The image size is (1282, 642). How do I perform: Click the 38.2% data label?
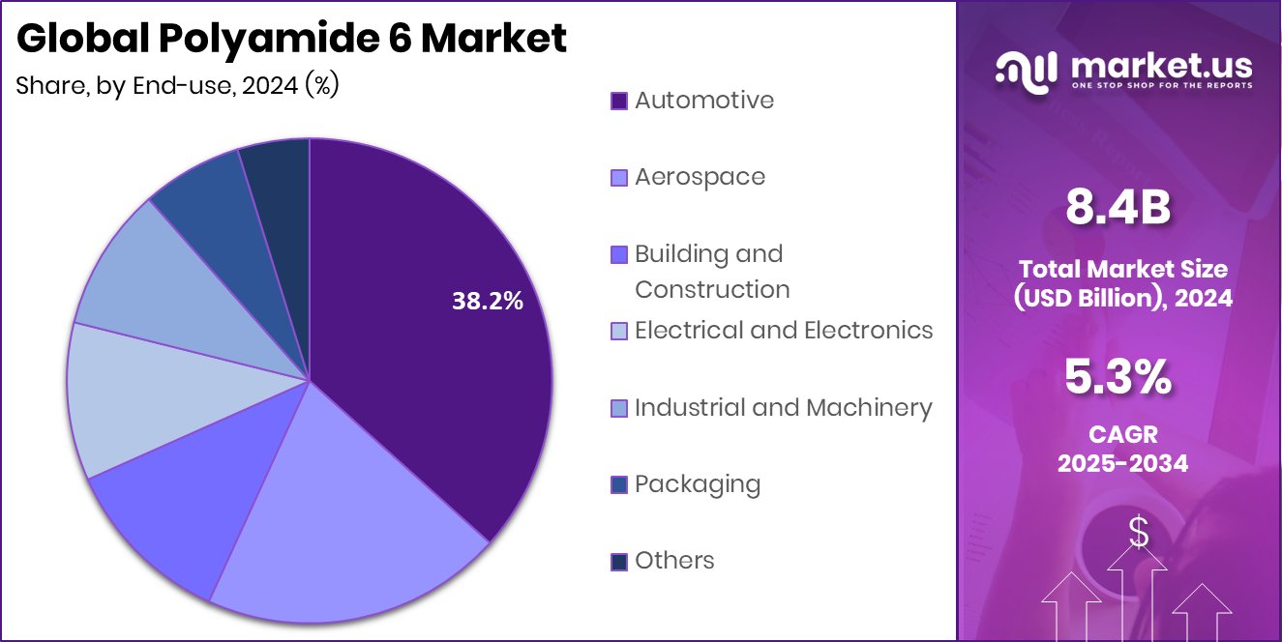487,302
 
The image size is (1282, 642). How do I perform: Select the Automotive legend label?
703,101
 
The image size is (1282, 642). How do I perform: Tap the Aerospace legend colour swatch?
619,178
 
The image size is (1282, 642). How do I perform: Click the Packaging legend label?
697,484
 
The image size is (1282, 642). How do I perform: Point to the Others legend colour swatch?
619,562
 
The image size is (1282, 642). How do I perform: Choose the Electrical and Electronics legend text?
783,331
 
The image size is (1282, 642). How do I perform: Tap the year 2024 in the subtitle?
270,85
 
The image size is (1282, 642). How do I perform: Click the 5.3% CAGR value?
1118,377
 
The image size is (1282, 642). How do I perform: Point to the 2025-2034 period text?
1122,463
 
